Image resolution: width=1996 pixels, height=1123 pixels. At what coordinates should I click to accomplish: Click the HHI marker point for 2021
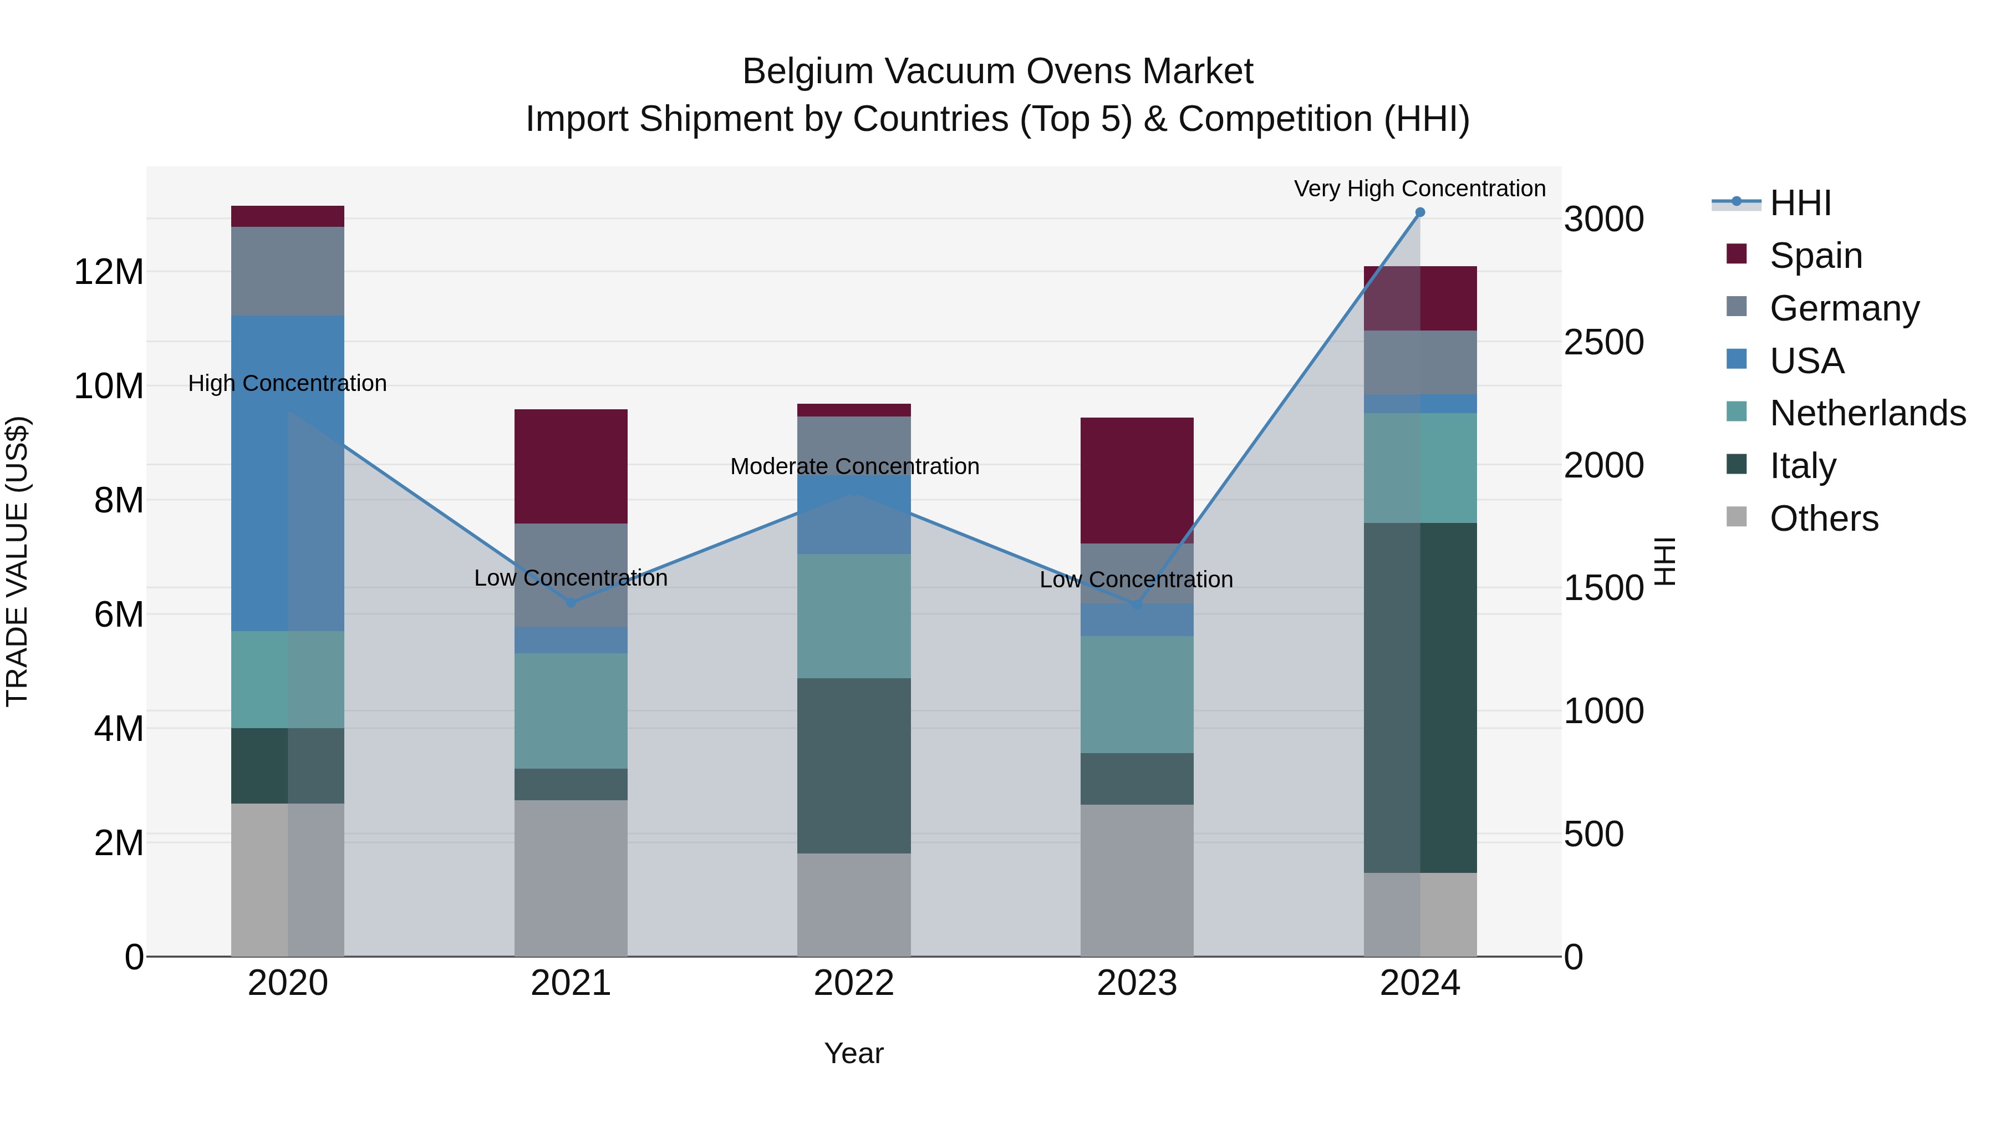(x=571, y=602)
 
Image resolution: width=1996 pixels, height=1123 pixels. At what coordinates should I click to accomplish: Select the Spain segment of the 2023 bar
(x=1137, y=480)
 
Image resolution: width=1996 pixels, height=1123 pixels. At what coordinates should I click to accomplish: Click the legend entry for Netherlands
(x=1867, y=413)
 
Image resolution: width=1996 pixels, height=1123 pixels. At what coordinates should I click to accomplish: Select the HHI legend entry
(x=1800, y=203)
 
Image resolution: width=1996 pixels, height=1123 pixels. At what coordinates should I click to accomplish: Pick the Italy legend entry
(x=1802, y=466)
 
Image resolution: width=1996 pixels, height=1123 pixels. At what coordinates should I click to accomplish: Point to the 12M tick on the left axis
(x=109, y=272)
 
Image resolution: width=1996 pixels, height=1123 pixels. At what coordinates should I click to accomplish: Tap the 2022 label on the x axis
(x=854, y=983)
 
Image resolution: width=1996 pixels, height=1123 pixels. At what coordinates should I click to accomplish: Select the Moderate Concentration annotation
(x=854, y=466)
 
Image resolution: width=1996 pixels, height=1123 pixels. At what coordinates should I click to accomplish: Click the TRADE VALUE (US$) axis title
(x=17, y=561)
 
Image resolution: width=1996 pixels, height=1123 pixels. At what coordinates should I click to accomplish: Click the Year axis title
(x=854, y=1053)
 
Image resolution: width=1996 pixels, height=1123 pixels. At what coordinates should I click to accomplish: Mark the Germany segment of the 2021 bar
(x=571, y=575)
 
